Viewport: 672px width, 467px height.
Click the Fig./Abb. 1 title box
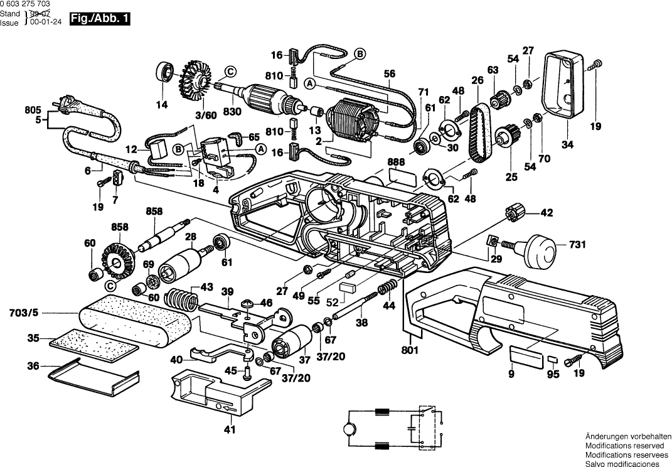pos(100,19)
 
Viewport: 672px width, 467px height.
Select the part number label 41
pos(230,430)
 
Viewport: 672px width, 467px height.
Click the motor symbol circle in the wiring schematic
pos(347,429)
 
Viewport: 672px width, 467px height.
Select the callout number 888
pos(396,162)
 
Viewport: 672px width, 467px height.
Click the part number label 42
pos(547,213)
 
